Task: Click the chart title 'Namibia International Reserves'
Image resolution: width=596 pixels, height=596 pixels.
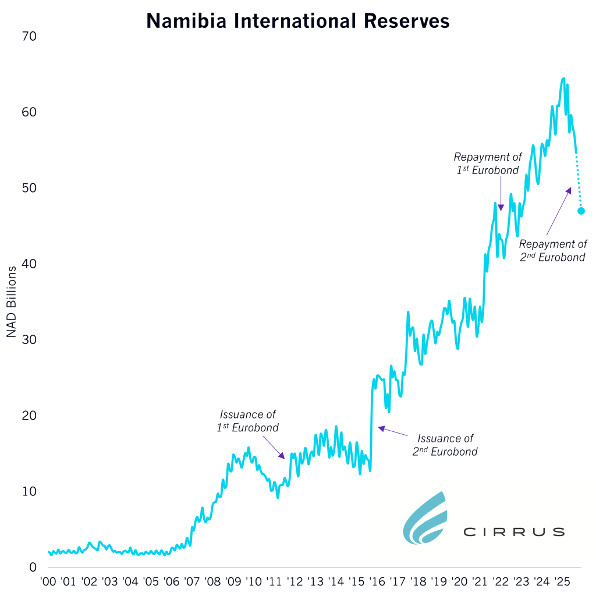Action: coord(298,21)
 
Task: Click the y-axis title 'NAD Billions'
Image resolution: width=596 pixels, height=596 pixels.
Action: coord(11,302)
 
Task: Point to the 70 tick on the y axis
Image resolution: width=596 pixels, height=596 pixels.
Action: coord(29,37)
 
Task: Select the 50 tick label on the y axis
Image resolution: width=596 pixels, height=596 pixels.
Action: coord(29,188)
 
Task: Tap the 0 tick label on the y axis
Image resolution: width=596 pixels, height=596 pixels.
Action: coord(33,567)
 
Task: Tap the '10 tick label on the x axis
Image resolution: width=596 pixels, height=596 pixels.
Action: coord(254,581)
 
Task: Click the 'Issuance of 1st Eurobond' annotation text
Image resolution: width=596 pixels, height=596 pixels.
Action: coord(247,421)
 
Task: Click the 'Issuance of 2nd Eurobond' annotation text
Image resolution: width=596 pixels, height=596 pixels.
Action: coord(445,445)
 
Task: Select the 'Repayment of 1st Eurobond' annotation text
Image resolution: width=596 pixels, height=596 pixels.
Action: coord(487,164)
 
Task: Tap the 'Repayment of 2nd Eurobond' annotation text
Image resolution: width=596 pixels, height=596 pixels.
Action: coord(552,250)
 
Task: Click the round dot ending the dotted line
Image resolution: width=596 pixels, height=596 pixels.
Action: coord(581,211)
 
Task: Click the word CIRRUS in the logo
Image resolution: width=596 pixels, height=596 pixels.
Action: coord(513,532)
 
